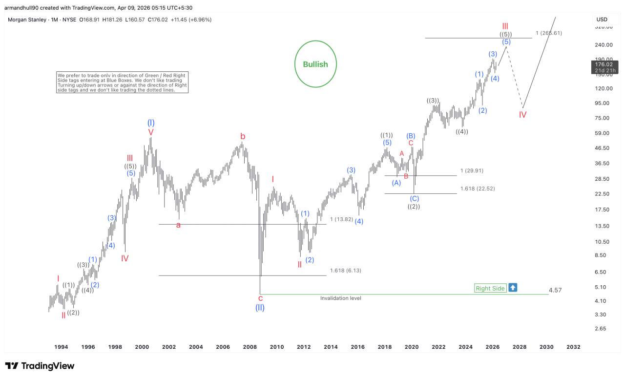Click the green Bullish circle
point(315,64)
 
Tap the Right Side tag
point(490,288)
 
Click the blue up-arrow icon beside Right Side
point(513,288)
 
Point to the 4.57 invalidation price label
point(555,290)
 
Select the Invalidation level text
point(340,298)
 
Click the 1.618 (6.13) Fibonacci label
point(346,270)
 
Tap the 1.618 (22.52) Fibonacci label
point(478,189)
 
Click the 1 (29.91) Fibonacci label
point(472,170)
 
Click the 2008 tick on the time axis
point(250,347)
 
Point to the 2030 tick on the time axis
point(546,347)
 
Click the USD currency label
point(602,20)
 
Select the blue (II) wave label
point(260,308)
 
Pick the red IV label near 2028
point(522,115)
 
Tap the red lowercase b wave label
point(242,136)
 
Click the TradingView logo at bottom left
point(40,366)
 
